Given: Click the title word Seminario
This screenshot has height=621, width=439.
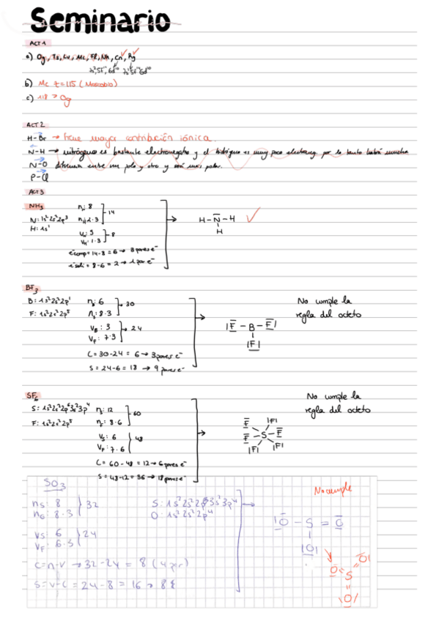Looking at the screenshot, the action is (x=103, y=21).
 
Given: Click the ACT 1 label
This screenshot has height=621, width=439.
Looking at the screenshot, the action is (x=32, y=45).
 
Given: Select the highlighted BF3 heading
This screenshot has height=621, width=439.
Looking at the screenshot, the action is (x=32, y=289).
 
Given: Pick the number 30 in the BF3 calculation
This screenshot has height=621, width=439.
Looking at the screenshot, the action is (x=130, y=304).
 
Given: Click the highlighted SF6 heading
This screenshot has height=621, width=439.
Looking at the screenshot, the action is (x=34, y=395).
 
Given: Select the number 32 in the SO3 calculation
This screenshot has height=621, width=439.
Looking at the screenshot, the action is (x=92, y=505).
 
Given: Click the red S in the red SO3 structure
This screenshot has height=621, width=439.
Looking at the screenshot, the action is (x=347, y=578).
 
